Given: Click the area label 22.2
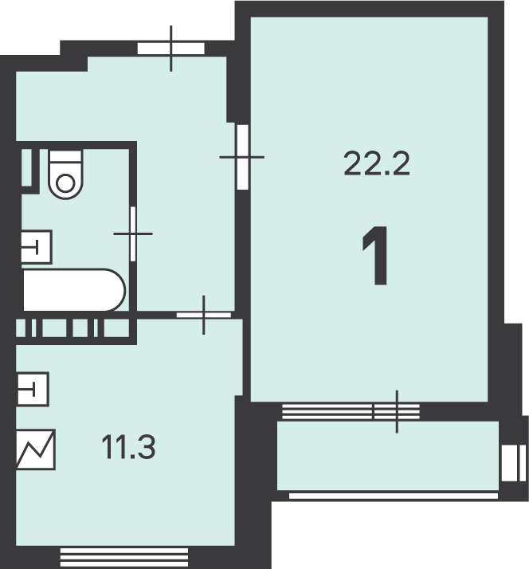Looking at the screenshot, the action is coord(377,163).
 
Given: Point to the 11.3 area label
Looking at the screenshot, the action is coord(128,447).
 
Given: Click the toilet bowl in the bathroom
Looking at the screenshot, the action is coord(65,175).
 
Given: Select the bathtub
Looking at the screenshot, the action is coord(74,290).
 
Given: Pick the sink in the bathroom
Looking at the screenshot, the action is coord(37,247).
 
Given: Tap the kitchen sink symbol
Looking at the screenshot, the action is coord(33,389).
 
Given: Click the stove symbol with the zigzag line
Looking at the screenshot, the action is coord(36,449).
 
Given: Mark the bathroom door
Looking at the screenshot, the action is coord(133,233).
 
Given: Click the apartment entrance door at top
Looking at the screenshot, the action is coord(171,49).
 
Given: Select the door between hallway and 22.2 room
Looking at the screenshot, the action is coord(243,157).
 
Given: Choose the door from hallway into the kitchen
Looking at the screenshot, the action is coord(204,315).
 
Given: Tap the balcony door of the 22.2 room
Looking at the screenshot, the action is coord(397,411).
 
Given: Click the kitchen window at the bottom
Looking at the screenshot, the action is coord(124,557).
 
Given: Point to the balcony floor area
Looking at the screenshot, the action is coord(388,455).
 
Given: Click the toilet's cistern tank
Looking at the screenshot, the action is coord(65,156).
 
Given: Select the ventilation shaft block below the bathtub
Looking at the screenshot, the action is coord(72,328).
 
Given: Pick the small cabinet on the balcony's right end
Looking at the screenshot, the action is coord(514,463).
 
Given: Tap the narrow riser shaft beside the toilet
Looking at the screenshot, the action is coord(27,167).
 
